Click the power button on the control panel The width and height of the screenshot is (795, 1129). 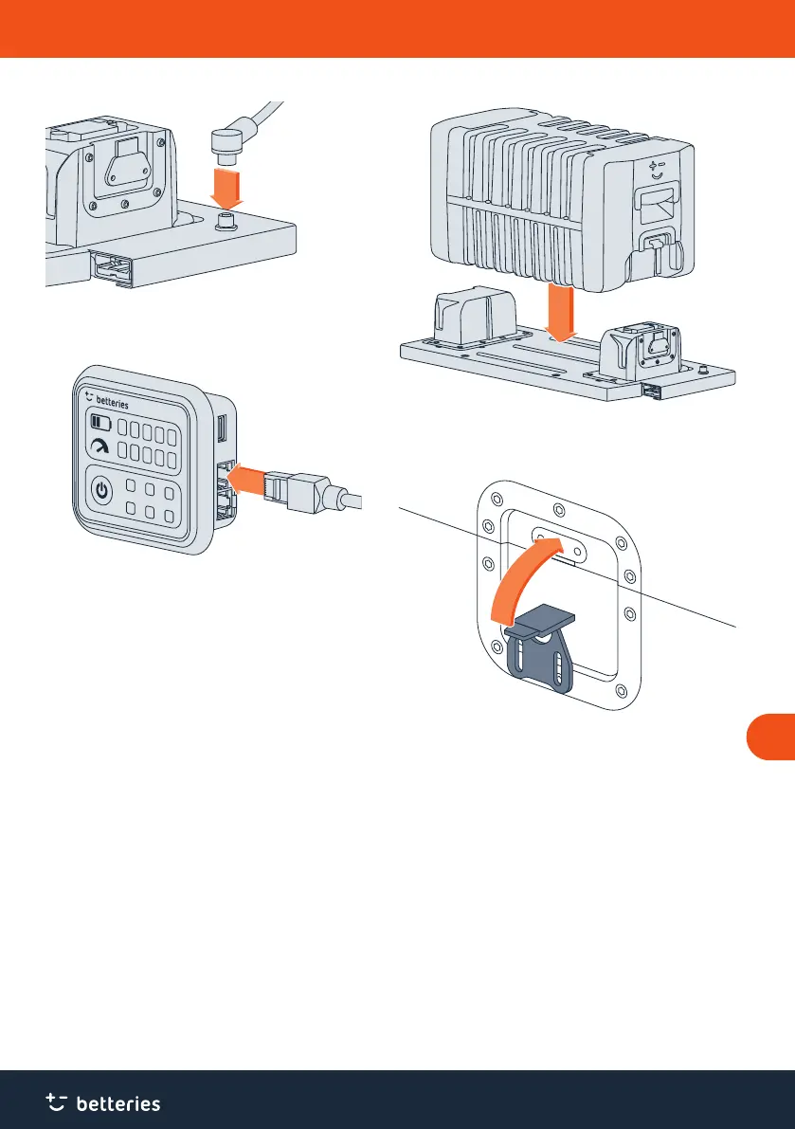(x=105, y=493)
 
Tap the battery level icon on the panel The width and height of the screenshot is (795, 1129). (x=99, y=422)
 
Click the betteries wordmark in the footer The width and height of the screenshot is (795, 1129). (x=117, y=1103)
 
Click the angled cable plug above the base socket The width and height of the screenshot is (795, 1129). (x=226, y=142)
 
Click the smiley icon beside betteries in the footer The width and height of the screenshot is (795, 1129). (x=58, y=1101)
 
